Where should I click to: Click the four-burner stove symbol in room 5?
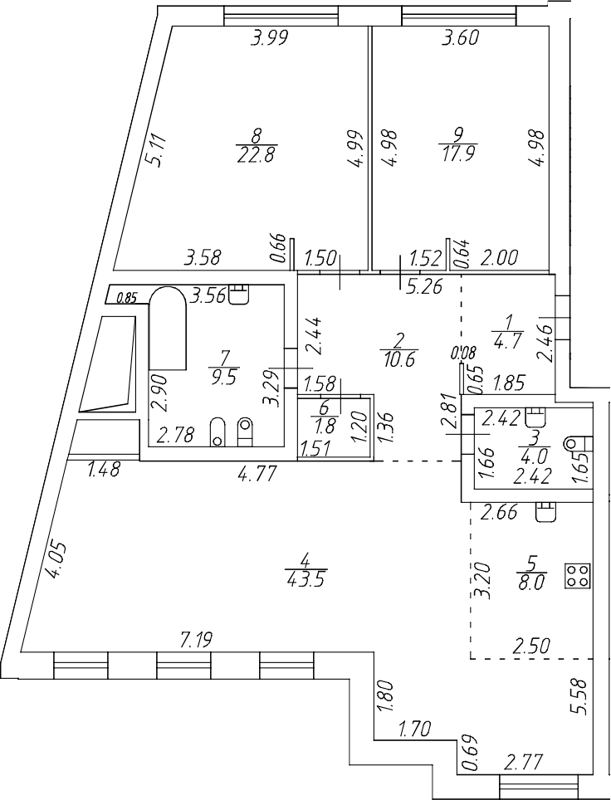click(577, 575)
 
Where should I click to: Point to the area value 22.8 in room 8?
click(256, 154)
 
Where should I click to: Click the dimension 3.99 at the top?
click(270, 37)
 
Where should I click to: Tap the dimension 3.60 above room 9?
click(462, 37)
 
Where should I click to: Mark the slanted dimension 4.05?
click(55, 561)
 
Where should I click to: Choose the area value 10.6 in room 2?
click(400, 359)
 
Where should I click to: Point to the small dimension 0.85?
click(126, 297)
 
